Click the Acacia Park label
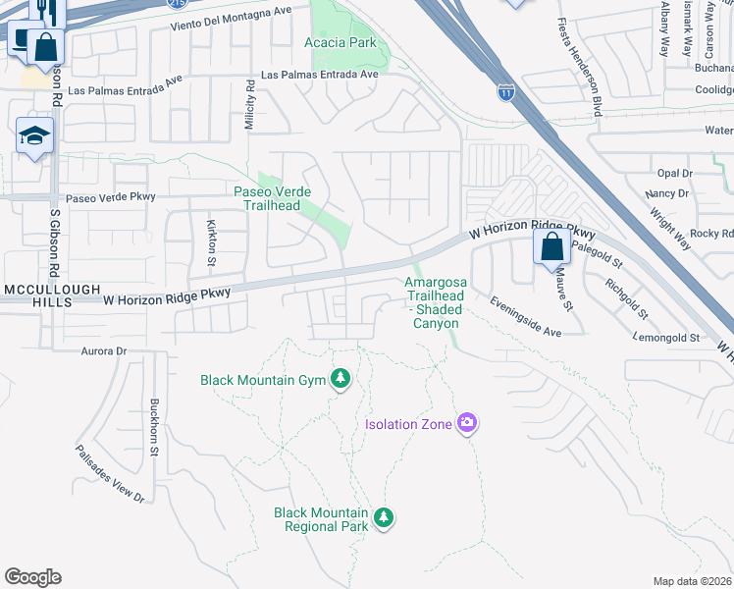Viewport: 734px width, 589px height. [x=341, y=43]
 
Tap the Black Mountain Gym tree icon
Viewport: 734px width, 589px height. [x=341, y=379]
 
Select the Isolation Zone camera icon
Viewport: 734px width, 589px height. [x=467, y=424]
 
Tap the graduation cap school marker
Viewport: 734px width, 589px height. [x=34, y=136]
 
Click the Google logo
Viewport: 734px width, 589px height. [x=32, y=577]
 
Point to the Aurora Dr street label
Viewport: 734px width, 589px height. [x=109, y=350]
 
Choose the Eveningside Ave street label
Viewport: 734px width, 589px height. [x=526, y=318]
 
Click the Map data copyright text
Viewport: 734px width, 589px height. [x=692, y=581]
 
